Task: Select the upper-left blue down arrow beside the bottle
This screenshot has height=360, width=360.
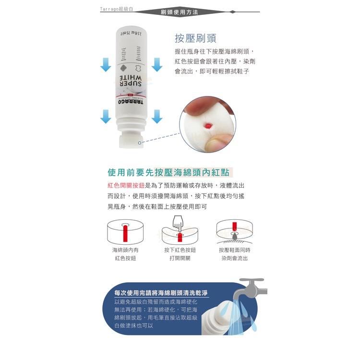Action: [x=106, y=64]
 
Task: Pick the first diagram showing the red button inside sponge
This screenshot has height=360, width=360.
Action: [x=126, y=231]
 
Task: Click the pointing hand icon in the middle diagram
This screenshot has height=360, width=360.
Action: [x=177, y=223]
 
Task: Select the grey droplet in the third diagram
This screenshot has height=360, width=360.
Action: [x=235, y=237]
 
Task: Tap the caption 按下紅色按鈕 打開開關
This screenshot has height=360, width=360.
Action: [x=180, y=254]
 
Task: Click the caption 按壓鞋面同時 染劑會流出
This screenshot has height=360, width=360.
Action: [x=235, y=254]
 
